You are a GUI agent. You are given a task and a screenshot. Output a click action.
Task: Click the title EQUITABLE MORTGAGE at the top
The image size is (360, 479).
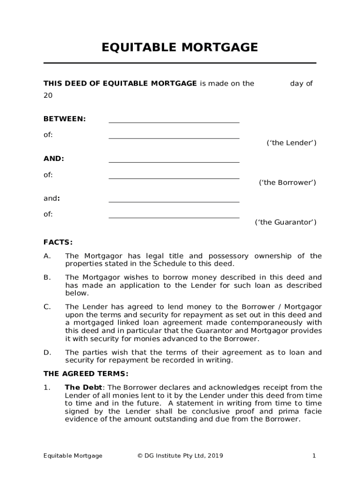[180, 47]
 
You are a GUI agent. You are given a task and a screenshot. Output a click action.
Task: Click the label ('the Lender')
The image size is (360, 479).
[291, 143]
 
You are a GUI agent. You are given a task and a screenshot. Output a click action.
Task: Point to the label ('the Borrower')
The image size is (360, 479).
[288, 182]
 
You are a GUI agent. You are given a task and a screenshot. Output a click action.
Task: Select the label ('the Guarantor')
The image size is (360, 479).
[285, 222]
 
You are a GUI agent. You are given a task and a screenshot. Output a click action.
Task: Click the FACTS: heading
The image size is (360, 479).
[58, 242]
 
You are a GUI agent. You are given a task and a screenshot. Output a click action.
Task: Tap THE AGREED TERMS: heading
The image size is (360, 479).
[86, 374]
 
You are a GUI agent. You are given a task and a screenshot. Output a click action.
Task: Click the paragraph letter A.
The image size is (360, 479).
[47, 256]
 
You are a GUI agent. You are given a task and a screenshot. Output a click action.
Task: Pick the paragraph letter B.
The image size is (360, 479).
[47, 277]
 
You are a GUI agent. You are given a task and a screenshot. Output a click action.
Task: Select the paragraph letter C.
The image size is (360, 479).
[47, 307]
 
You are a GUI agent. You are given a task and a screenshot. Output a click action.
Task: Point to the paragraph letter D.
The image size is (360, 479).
[47, 352]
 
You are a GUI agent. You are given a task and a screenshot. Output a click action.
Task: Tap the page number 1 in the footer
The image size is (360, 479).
[314, 456]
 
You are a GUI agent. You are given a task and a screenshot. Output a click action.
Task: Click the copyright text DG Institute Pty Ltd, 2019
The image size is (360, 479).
[180, 456]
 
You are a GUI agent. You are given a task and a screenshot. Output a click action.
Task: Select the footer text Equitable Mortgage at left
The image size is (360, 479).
[72, 456]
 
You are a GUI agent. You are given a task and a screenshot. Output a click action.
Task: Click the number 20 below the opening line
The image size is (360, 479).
[48, 95]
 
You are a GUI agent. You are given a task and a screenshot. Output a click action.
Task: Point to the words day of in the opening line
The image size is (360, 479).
[301, 84]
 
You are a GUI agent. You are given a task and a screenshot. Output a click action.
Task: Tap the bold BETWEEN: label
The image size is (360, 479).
[65, 119]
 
